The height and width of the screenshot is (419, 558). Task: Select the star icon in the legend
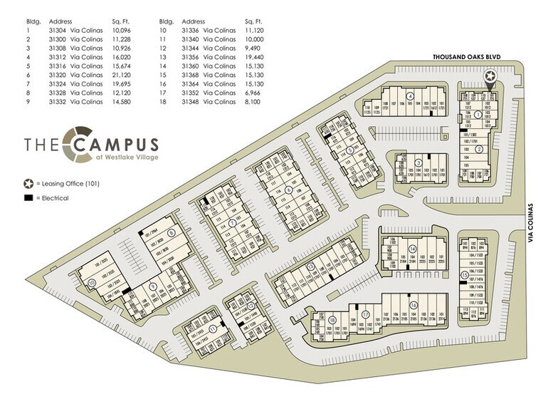(x=27, y=184)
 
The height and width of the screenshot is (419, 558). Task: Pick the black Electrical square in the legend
(x=27, y=197)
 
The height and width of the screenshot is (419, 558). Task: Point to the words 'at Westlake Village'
(x=125, y=157)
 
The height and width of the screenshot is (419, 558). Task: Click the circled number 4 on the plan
(x=410, y=95)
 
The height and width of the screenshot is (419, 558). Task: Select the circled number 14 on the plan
(x=412, y=249)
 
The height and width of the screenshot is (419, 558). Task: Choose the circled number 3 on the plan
(x=419, y=163)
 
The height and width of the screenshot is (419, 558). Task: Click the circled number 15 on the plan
(x=465, y=275)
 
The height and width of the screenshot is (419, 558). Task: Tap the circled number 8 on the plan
(x=171, y=233)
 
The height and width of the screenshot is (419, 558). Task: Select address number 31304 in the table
(x=57, y=31)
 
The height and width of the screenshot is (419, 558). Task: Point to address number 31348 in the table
(x=191, y=103)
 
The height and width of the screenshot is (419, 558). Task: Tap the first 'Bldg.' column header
(x=30, y=21)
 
